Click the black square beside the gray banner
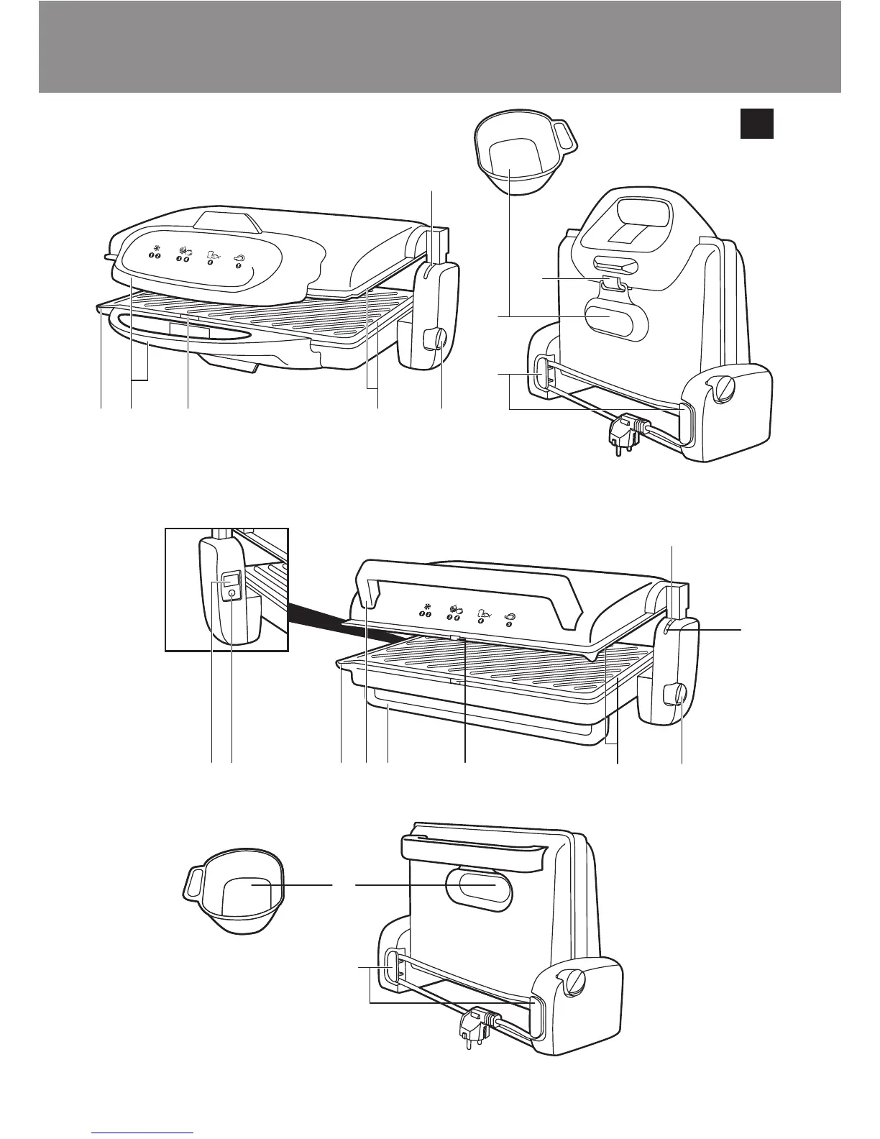coord(757,123)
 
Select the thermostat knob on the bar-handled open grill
coord(676,695)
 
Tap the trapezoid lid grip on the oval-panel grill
coord(226,221)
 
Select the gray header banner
coord(439,47)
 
